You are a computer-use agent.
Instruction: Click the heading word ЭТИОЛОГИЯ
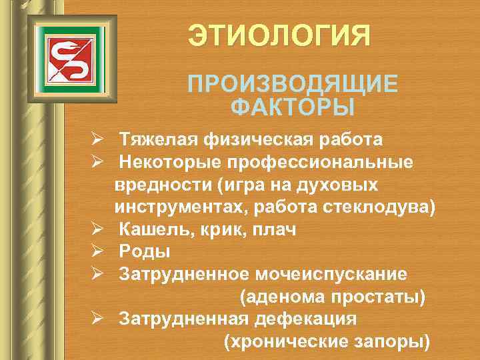click(x=278, y=35)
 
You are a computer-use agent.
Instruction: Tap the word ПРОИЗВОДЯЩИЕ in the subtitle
click(x=293, y=85)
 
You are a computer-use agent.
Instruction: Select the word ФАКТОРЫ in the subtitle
click(x=292, y=107)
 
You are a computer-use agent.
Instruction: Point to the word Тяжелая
click(x=153, y=140)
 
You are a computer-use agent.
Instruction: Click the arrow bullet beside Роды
click(x=97, y=251)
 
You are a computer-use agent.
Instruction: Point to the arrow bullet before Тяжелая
click(x=97, y=140)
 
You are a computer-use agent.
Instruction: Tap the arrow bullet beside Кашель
click(x=97, y=229)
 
